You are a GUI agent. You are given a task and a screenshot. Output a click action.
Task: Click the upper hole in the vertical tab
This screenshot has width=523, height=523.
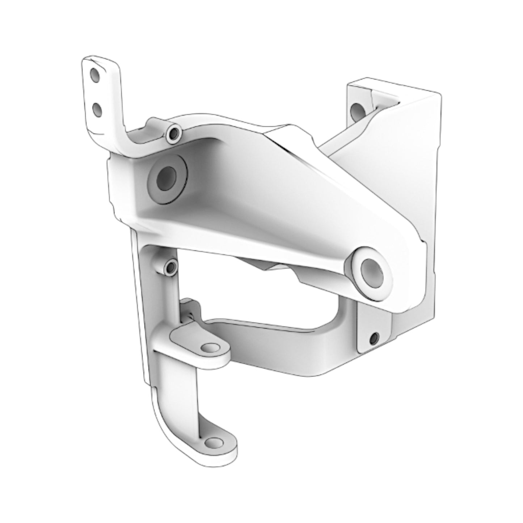(x=95, y=76)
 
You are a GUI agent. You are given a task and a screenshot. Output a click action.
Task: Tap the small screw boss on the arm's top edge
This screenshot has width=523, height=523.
(x=174, y=134)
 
